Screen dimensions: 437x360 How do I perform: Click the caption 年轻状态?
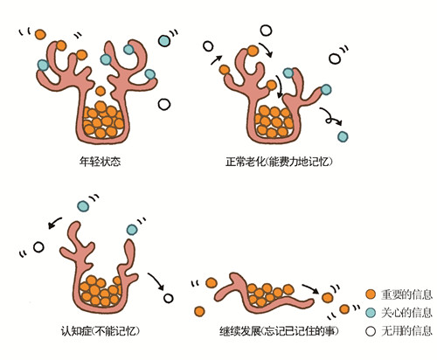[100, 162]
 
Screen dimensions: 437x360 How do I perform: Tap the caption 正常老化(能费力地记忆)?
[279, 162]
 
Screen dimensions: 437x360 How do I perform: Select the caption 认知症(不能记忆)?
[100, 331]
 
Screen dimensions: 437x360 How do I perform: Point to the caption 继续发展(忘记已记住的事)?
[279, 331]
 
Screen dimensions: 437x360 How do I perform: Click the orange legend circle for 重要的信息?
[371, 294]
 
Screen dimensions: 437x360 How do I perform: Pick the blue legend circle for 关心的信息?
[371, 313]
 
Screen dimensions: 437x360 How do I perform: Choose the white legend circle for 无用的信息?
[371, 331]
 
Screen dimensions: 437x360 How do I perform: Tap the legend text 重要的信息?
[406, 294]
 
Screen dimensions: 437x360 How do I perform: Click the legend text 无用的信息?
[406, 331]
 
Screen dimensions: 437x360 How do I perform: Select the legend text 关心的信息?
[406, 313]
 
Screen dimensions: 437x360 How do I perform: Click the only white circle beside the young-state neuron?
[164, 104]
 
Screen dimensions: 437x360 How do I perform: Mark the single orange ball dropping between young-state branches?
[101, 91]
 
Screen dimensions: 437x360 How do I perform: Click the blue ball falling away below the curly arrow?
[343, 136]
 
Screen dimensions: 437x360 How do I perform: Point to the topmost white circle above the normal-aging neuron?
[266, 31]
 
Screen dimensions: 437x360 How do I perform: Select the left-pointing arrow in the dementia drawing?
[55, 223]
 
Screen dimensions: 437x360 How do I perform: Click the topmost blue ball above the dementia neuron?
[83, 206]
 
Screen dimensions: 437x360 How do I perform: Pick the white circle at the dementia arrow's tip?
[168, 298]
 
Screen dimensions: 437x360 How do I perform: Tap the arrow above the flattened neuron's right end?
[310, 288]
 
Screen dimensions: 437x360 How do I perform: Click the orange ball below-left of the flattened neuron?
[199, 311]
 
